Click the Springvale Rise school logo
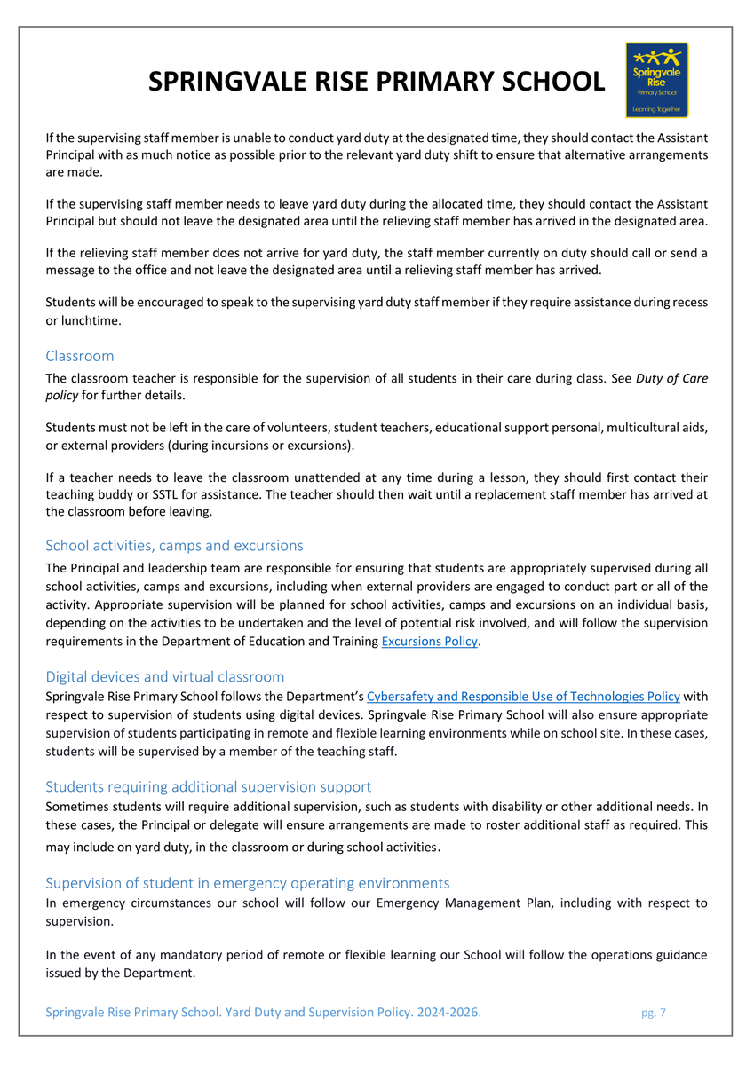pyautogui.click(x=656, y=80)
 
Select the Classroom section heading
pyautogui.click(x=80, y=356)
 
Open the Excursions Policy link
pyautogui.click(x=429, y=641)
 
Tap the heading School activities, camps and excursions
pyautogui.click(x=174, y=545)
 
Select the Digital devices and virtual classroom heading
pyautogui.click(x=165, y=677)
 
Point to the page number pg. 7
pyautogui.click(x=653, y=1013)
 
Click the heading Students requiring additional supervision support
pyautogui.click(x=208, y=786)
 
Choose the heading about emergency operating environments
pyautogui.click(x=247, y=883)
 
